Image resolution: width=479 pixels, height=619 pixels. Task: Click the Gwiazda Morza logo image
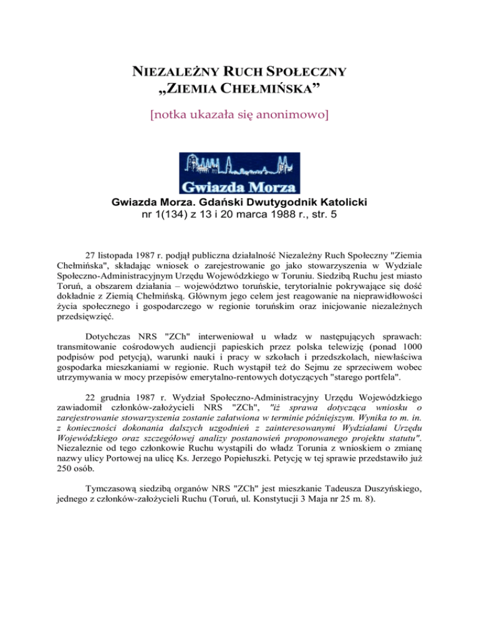point(239,172)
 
